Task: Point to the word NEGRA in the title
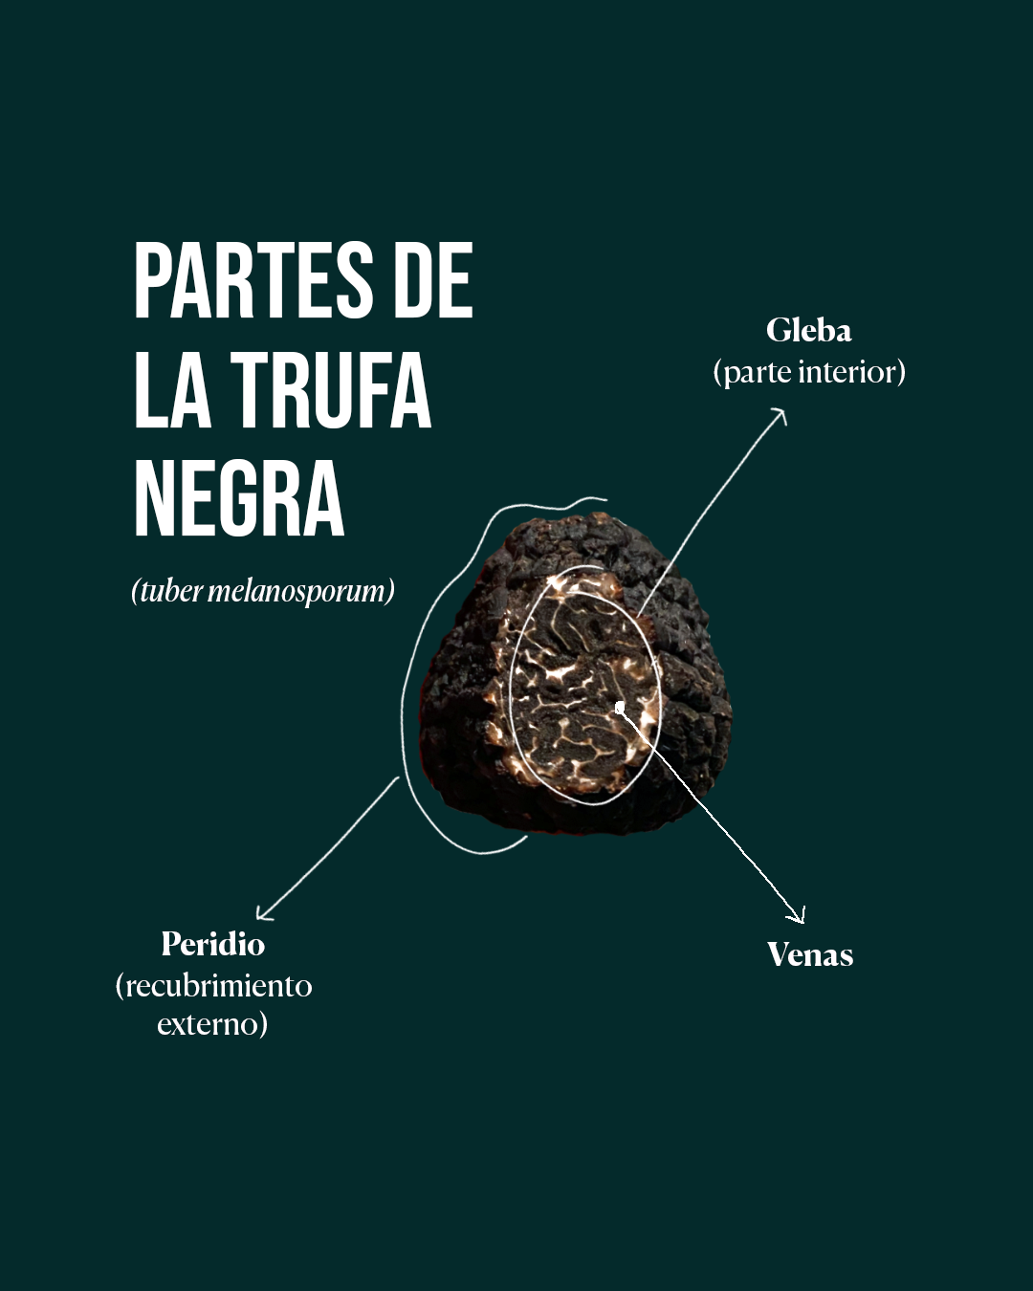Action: pyautogui.click(x=239, y=500)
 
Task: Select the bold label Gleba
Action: pyautogui.click(x=808, y=331)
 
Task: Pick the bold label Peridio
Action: pyautogui.click(x=212, y=945)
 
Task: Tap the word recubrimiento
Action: pyautogui.click(x=218, y=986)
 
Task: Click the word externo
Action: pyautogui.click(x=211, y=1024)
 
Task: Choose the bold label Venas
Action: pyautogui.click(x=810, y=955)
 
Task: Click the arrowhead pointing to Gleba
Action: pyautogui.click(x=781, y=414)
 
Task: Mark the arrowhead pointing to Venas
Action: pyautogui.click(x=800, y=917)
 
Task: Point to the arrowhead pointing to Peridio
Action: pyautogui.click(x=263, y=915)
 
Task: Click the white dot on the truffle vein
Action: pyautogui.click(x=620, y=708)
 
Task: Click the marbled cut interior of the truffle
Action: pyautogui.click(x=574, y=689)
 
